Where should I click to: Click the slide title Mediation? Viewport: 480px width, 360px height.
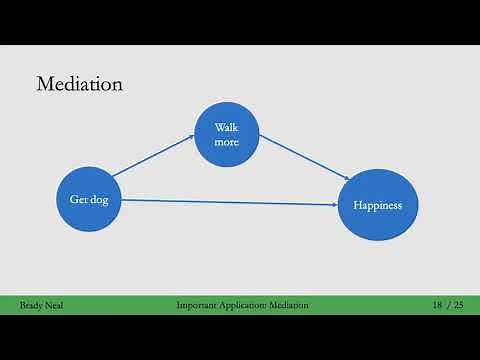(79, 84)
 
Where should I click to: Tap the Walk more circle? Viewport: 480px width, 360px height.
(227, 137)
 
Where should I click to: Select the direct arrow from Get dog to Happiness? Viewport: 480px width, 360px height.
(230, 202)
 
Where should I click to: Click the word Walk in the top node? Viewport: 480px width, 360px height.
(227, 128)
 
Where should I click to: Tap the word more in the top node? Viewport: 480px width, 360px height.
(227, 144)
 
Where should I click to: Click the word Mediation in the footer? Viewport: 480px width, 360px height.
(288, 304)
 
